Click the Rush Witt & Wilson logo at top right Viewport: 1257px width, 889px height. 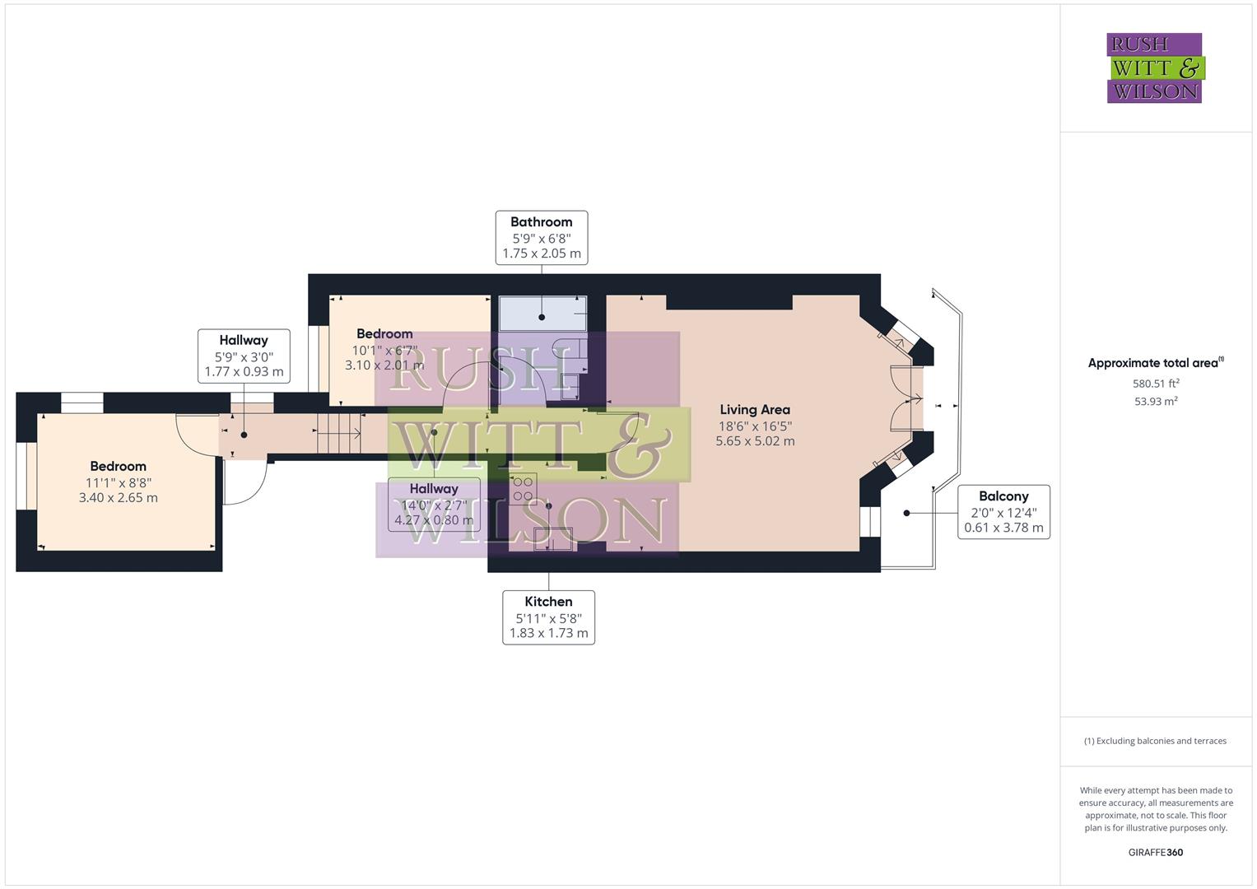[x=1154, y=68]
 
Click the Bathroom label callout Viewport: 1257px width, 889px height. [x=541, y=238]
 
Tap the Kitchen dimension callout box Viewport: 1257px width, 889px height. [x=548, y=617]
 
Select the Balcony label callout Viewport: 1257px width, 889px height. [x=1003, y=512]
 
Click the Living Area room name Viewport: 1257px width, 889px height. [x=755, y=410]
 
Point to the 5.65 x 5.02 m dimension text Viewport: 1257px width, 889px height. [x=755, y=441]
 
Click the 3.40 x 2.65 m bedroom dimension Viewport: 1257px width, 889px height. [x=119, y=498]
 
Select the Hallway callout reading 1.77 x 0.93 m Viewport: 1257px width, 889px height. [x=244, y=356]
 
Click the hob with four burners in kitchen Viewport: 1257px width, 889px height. [x=523, y=487]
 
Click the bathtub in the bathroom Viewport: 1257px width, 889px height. [x=542, y=314]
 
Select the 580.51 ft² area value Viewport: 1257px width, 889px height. [x=1156, y=384]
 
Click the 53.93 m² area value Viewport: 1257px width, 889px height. [x=1156, y=402]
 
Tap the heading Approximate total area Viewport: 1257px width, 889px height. [x=1155, y=363]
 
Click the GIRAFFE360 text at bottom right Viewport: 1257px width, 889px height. [x=1155, y=853]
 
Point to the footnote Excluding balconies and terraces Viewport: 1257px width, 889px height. [x=1155, y=741]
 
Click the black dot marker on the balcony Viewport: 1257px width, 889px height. [x=906, y=513]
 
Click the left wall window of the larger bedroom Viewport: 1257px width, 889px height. [x=21, y=477]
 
